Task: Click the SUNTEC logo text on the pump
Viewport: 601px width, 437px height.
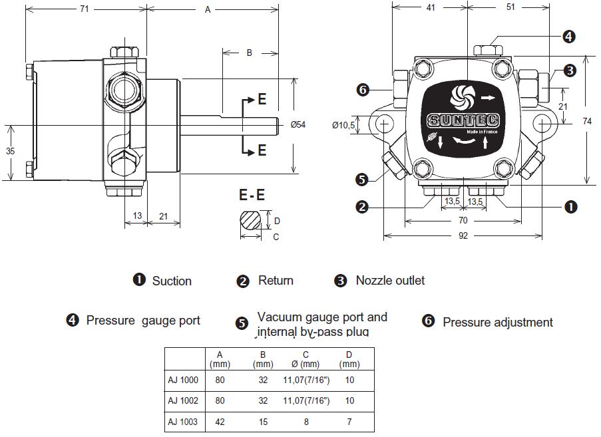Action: [x=463, y=120]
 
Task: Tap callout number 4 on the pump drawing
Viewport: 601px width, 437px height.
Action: [x=569, y=37]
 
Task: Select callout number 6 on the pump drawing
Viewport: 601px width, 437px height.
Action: [x=363, y=90]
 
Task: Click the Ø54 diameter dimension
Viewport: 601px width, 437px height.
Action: [x=298, y=124]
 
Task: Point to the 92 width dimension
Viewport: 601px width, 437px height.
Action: [x=463, y=235]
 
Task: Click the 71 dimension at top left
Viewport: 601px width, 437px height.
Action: [x=85, y=9]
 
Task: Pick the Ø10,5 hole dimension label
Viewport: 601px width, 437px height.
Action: [x=344, y=125]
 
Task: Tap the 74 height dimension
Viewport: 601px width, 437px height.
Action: [x=587, y=121]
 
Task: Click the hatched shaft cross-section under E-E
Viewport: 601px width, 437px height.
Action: [x=251, y=220]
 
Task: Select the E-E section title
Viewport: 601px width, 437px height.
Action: [x=252, y=195]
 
